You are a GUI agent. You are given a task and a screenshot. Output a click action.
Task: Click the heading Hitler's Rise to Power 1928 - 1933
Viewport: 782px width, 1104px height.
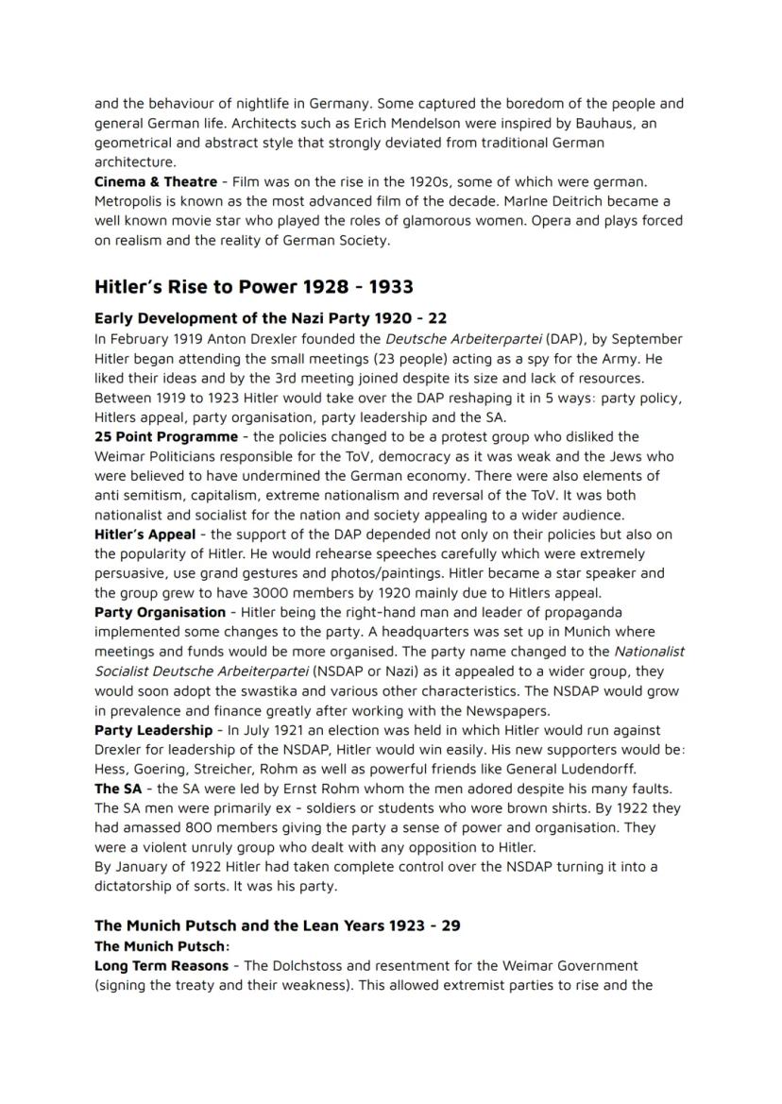253,286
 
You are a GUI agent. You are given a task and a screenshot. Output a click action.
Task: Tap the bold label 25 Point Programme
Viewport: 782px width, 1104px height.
166,436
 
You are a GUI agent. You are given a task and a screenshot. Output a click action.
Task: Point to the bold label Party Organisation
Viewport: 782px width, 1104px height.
160,612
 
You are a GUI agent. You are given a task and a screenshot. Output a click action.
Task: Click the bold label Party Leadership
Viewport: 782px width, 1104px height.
153,730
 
